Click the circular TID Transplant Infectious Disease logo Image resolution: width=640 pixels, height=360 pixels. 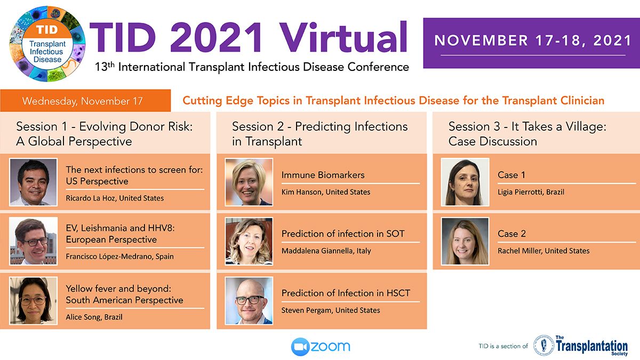(47, 44)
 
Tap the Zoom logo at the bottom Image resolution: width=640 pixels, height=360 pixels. (321, 347)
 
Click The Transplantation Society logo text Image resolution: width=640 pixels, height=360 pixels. (591, 346)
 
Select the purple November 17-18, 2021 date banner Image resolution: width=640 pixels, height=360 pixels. (531, 43)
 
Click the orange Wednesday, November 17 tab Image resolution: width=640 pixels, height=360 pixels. (85, 101)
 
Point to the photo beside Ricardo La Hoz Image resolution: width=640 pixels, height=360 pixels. (34, 182)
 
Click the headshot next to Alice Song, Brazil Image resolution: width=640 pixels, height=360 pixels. (34, 301)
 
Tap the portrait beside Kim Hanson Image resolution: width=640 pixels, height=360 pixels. (249, 182)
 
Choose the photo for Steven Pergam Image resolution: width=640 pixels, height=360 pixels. (249, 301)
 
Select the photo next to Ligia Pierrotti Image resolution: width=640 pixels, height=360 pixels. (465, 182)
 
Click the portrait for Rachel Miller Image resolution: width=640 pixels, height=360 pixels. (465, 241)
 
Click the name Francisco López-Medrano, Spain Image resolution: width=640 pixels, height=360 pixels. (119, 257)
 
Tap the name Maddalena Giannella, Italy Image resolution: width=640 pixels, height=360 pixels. (326, 251)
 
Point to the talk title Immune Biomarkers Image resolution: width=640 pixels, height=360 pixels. (323, 175)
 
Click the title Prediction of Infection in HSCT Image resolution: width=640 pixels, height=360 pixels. (346, 293)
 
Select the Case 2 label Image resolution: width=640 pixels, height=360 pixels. (511, 234)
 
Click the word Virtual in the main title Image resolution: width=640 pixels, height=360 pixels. (343, 38)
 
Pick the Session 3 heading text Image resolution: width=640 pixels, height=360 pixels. (527, 134)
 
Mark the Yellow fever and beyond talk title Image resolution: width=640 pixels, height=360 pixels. (124, 294)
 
